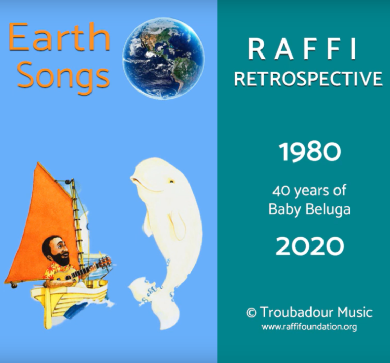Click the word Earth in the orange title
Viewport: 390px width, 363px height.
(59, 37)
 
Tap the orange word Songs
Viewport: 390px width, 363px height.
(63, 75)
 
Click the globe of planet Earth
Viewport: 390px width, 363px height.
(163, 58)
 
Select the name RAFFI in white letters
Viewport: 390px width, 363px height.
(303, 49)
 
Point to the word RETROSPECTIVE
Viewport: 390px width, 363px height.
(308, 78)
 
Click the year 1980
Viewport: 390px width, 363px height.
(310, 152)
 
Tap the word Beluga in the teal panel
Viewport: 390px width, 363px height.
(328, 209)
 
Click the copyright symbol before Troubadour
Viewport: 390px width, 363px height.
(252, 313)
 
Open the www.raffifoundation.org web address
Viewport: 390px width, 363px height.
(309, 326)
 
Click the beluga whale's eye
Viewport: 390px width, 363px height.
(171, 181)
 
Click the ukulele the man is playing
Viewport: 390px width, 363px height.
(80, 273)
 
